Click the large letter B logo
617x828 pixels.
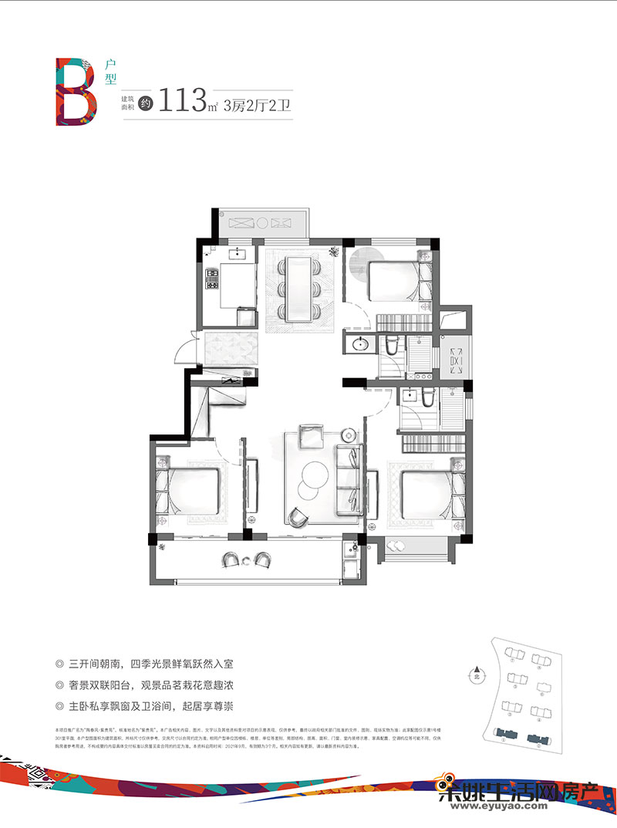tap(76, 91)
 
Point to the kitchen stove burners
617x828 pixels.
tap(211, 278)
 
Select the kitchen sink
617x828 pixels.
tap(238, 253)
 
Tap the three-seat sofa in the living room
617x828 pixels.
tap(348, 478)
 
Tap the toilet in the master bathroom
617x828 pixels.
tap(408, 397)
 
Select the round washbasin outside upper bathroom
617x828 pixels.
tap(359, 343)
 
